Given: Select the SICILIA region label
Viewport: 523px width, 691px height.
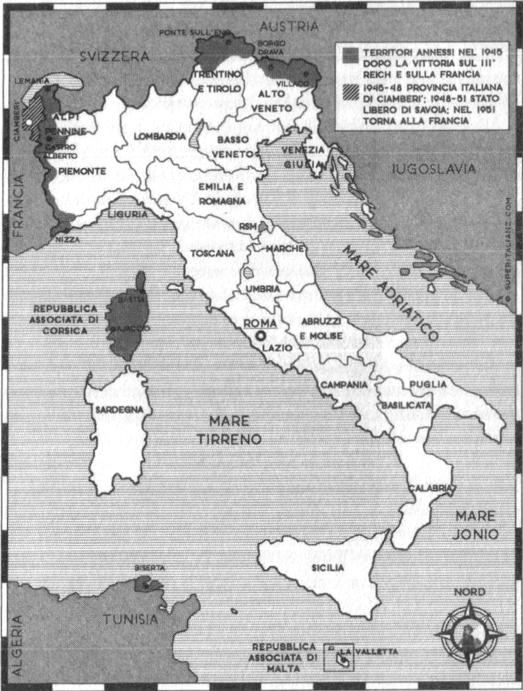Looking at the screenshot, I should pos(327,568).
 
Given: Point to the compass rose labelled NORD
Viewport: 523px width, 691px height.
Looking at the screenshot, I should pos(469,632).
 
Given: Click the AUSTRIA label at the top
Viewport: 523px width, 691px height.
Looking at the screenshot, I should pos(289,27).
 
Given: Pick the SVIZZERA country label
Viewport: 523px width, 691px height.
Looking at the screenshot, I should pos(114,57).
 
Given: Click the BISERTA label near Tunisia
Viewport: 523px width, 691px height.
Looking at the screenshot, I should pos(148,568).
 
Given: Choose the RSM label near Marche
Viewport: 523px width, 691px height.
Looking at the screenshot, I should pos(247,226).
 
